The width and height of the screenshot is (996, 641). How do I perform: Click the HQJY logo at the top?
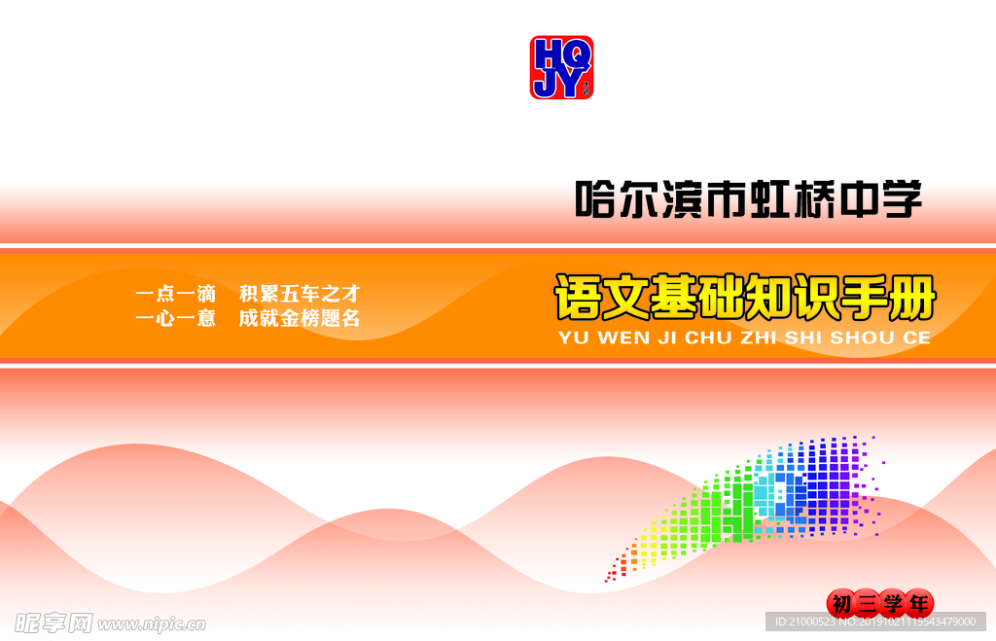tap(561, 67)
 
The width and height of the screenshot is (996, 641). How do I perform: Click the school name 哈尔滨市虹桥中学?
tap(749, 199)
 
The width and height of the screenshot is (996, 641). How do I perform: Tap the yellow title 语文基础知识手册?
tap(746, 298)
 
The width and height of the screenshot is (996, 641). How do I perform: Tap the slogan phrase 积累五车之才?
tap(300, 294)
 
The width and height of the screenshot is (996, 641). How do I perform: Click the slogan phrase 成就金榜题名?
tap(300, 318)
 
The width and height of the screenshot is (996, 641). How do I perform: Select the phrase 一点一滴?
tap(175, 294)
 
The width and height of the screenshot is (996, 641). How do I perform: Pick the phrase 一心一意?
tap(175, 318)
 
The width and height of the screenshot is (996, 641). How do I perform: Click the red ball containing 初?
tap(841, 603)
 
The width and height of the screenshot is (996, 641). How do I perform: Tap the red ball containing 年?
tap(918, 603)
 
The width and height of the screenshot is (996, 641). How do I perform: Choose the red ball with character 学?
tap(893, 603)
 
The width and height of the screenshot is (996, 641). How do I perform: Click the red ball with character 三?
tap(867, 603)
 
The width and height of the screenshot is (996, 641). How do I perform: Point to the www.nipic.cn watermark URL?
tap(151, 624)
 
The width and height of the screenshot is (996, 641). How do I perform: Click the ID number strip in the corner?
tap(875, 622)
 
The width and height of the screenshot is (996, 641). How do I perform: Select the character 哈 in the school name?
tap(595, 199)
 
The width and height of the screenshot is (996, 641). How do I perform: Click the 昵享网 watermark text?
tap(53, 623)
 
